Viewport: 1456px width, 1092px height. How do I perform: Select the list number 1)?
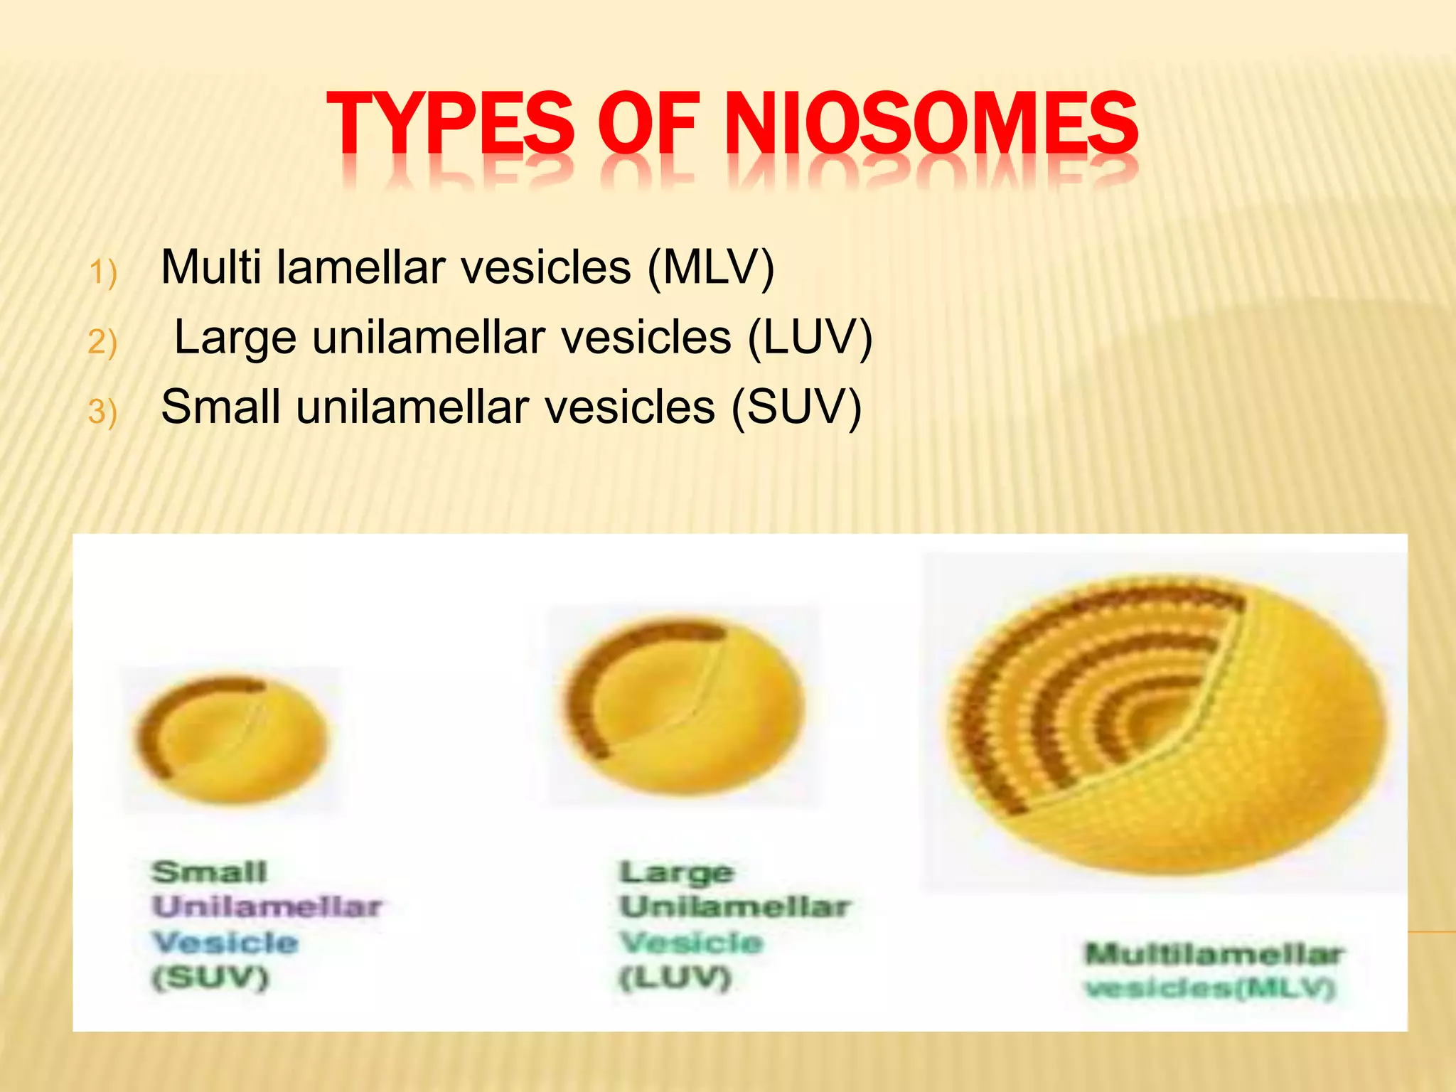coord(102,273)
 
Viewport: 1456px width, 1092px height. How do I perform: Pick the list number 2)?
coord(102,343)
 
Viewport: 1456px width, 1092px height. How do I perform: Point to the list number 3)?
coord(102,412)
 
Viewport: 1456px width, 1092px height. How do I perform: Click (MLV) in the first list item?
coord(710,267)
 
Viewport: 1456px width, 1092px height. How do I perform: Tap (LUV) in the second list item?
coord(810,337)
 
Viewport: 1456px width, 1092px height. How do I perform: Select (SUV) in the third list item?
coord(796,407)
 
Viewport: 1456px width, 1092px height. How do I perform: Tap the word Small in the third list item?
coord(220,407)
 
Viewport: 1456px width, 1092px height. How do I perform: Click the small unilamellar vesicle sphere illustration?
coord(232,739)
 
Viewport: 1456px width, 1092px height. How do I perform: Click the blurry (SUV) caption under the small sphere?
coord(210,978)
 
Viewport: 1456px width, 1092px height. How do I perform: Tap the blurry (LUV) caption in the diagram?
coord(675,978)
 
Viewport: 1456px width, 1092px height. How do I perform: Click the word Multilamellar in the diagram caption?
coord(1213,954)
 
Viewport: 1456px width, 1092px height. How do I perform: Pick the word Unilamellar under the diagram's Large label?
coord(734,907)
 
